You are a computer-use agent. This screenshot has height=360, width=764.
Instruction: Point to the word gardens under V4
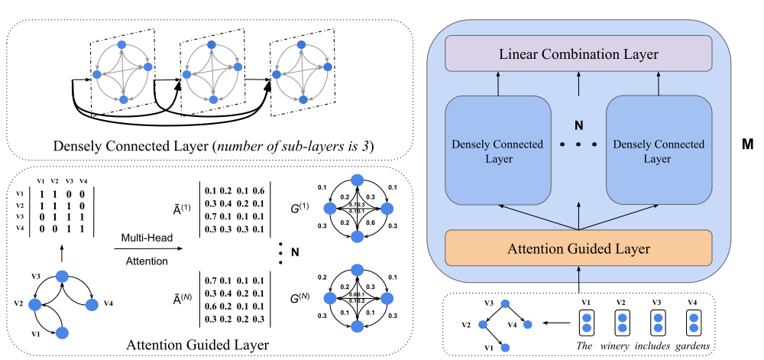pyautogui.click(x=692, y=345)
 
